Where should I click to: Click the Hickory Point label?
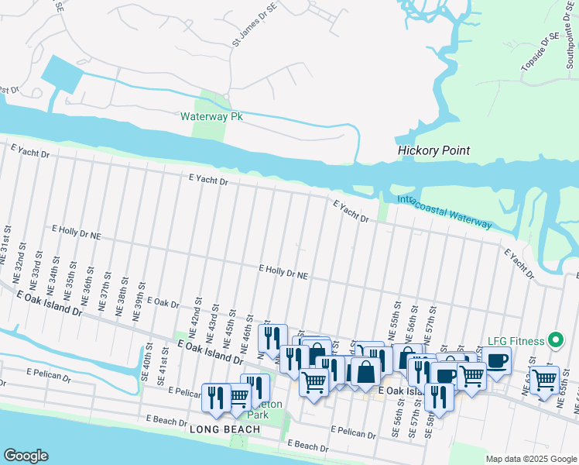point(433,151)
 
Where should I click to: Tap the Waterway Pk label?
point(211,117)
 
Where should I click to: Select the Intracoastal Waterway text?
point(444,212)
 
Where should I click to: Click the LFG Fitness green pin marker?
point(554,340)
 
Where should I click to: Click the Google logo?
point(26,456)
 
